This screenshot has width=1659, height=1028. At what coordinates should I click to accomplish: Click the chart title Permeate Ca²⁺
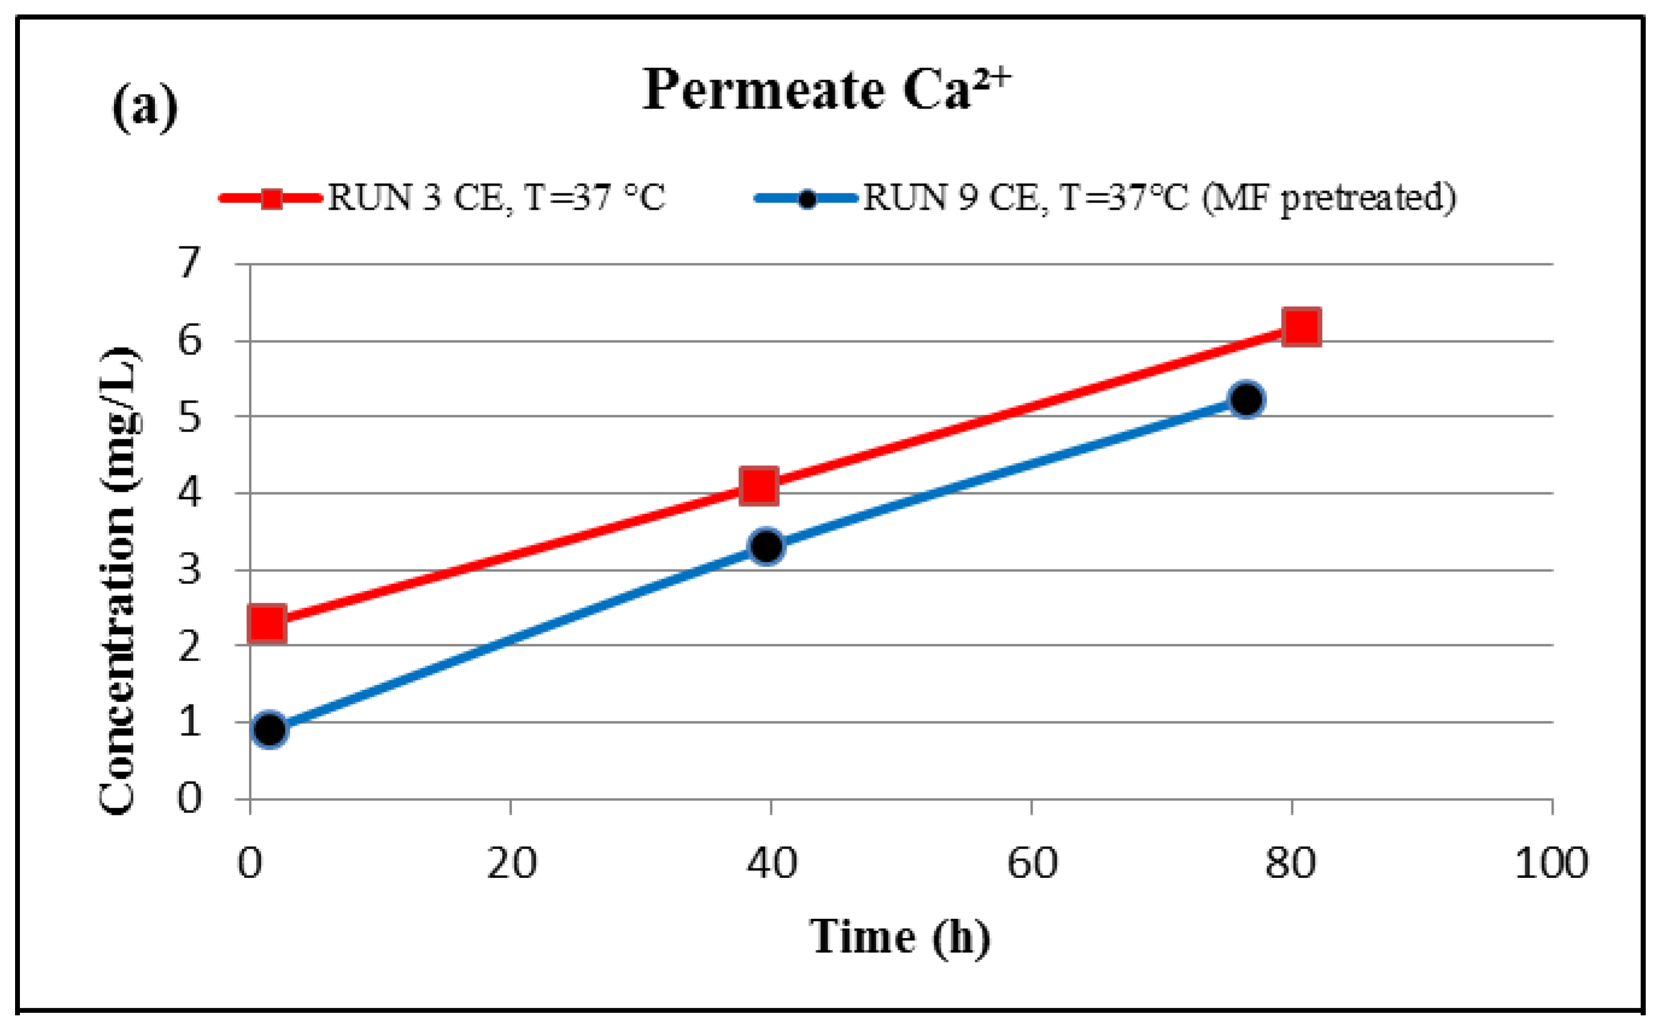[x=826, y=90]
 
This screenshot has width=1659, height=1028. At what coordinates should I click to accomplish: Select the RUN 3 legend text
[x=496, y=198]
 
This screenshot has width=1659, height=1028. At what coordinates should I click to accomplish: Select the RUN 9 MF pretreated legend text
[x=1160, y=198]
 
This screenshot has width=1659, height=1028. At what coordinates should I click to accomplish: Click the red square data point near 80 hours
[x=1301, y=327]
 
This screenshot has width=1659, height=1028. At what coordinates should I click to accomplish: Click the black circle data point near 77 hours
[x=1246, y=399]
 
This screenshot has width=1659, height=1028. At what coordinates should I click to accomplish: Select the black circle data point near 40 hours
[x=767, y=546]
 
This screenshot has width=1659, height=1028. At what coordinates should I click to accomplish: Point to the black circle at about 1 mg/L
[x=269, y=730]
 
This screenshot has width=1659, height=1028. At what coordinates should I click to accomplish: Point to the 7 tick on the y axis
[x=190, y=263]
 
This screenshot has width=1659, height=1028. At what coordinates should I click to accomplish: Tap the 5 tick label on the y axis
[x=190, y=417]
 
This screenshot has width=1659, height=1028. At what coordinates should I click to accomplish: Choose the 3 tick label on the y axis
[x=190, y=570]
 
